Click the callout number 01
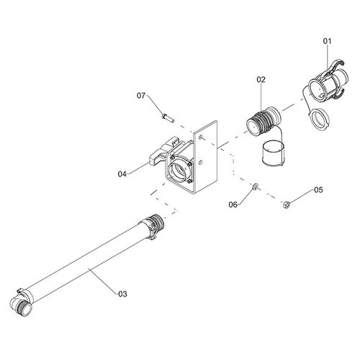(x=327, y=41)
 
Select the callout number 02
(x=261, y=79)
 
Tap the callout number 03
(x=122, y=294)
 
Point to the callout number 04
(x=122, y=174)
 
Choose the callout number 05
(x=318, y=190)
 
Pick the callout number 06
(x=233, y=204)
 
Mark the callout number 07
(x=141, y=96)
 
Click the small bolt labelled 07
(x=168, y=118)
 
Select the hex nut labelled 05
(x=287, y=204)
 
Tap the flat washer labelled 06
(x=255, y=186)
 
